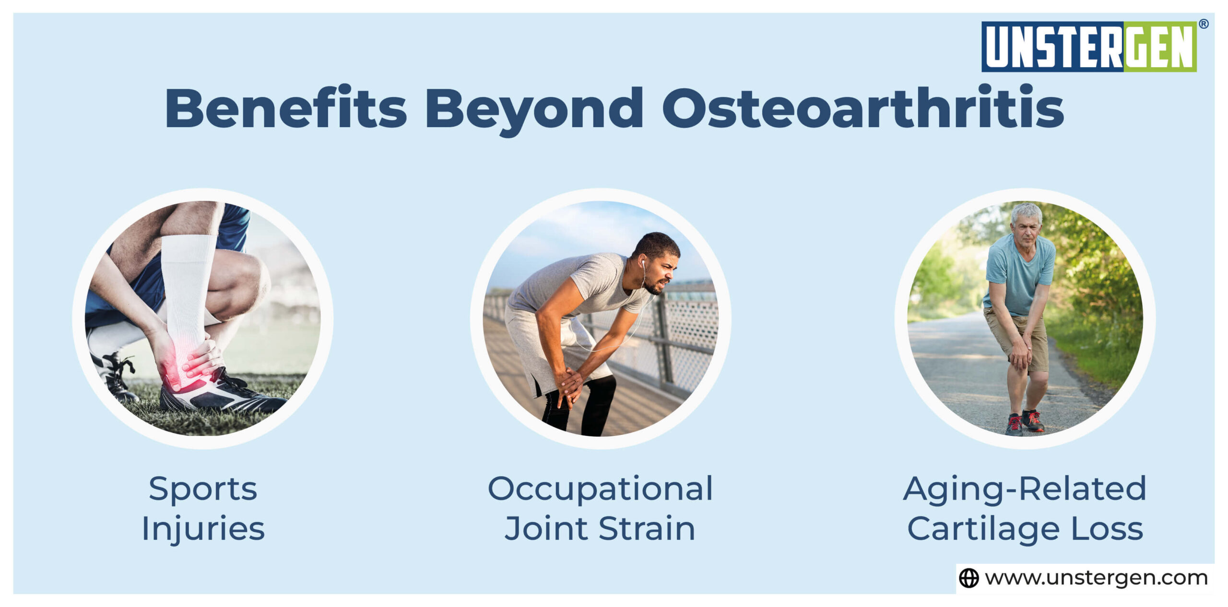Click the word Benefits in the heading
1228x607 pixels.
pos(286,108)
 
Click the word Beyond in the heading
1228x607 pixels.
pos(534,109)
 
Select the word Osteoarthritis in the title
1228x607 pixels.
pos(863,108)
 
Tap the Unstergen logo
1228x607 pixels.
pos(1088,47)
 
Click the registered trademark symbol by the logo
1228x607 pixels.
pos(1203,24)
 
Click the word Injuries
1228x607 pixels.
pos(203,528)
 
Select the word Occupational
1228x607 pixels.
pos(600,489)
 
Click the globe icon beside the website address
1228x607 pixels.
pos(968,578)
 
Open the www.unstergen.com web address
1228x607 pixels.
pos(1096,578)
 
